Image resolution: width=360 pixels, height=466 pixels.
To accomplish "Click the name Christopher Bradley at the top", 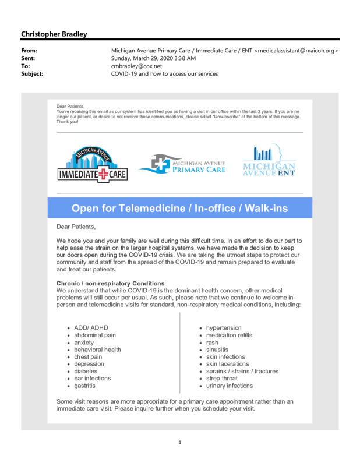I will tap(54, 34).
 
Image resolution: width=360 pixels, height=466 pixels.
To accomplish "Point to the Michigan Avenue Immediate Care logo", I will tap(92, 165).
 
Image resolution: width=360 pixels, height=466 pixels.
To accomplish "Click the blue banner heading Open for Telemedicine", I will tap(179, 209).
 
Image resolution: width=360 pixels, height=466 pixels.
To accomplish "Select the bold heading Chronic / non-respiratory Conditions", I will tap(110, 283).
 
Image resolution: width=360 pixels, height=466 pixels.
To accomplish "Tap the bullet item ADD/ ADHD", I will tap(91, 328).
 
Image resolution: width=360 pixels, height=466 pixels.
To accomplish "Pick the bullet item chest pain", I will tap(88, 357).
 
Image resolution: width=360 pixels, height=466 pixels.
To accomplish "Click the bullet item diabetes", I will tap(86, 371).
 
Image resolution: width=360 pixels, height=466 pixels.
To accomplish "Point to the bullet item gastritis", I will tap(84, 386).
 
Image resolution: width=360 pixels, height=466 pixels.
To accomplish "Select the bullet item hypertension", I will tap(224, 328).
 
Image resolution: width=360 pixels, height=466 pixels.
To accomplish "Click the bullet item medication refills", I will tap(230, 336).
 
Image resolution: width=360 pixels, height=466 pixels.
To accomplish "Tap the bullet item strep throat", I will tap(222, 379).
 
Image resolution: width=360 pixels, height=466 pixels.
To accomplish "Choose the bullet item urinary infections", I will tap(230, 386).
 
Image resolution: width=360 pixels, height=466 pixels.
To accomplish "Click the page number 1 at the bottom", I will tap(180, 443).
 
